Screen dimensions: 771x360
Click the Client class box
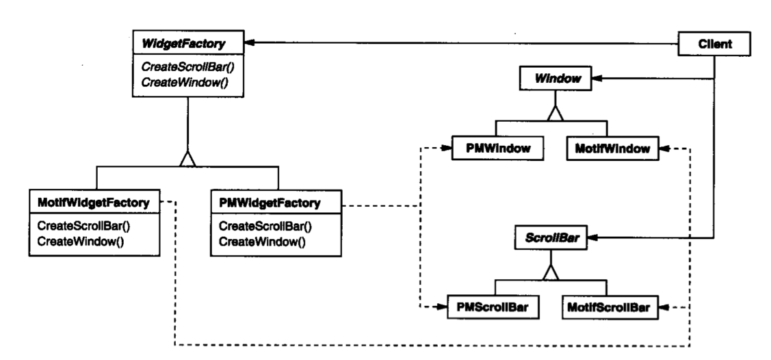coord(714,44)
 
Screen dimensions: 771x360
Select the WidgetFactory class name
coord(183,44)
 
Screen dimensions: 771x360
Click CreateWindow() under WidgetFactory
coord(185,81)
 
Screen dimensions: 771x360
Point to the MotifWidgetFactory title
coord(94,202)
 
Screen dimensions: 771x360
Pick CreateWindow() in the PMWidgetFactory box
coord(262,242)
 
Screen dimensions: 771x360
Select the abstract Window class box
coord(555,79)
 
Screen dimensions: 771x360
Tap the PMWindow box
coord(497,148)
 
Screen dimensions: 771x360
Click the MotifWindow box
coord(612,148)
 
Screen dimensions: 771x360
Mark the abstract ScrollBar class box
coord(551,238)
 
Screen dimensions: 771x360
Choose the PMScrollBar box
coord(493,307)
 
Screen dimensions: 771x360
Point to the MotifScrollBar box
coord(608,307)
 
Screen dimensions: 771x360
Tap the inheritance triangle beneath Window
coord(555,113)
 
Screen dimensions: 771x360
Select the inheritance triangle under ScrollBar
coord(551,272)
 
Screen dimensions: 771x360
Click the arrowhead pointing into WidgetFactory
coord(249,42)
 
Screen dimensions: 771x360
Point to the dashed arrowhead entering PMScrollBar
coord(442,307)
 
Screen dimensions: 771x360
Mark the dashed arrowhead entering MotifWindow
coord(664,148)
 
